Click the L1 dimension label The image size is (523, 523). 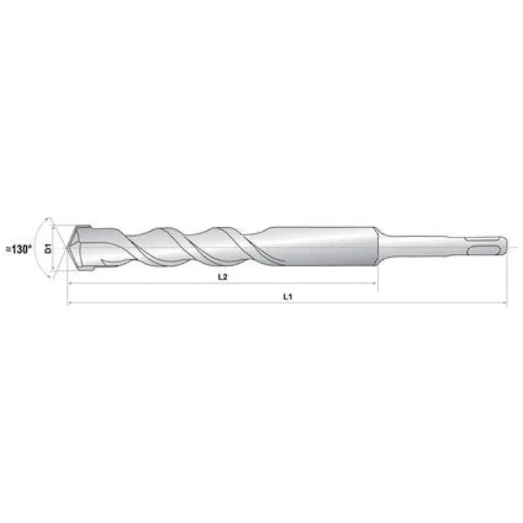(x=288, y=296)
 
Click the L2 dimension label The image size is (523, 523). (x=222, y=276)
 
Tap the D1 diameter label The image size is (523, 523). (x=48, y=247)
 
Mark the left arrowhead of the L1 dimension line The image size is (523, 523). (x=70, y=303)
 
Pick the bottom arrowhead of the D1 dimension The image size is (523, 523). (x=55, y=266)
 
